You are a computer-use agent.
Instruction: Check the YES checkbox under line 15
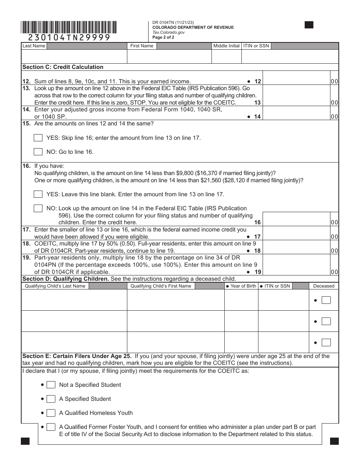click(38, 138)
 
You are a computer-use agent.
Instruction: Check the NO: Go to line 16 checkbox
click(38, 152)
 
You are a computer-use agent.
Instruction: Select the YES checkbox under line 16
click(38, 194)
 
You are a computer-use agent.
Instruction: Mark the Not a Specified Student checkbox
click(51, 385)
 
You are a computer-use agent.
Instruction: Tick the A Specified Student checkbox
click(51, 399)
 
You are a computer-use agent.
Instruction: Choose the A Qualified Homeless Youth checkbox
click(51, 413)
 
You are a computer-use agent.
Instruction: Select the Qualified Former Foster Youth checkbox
click(51, 427)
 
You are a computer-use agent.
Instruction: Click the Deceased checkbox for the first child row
click(326, 300)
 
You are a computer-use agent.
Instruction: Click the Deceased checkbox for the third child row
click(326, 342)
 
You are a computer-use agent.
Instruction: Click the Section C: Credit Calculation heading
click(63, 67)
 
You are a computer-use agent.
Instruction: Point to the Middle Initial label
click(226, 46)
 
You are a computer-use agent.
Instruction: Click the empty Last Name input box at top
click(74, 56)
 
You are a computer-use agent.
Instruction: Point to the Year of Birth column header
click(243, 286)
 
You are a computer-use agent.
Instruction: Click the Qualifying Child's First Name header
click(161, 286)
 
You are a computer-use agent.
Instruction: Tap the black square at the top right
click(309, 25)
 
